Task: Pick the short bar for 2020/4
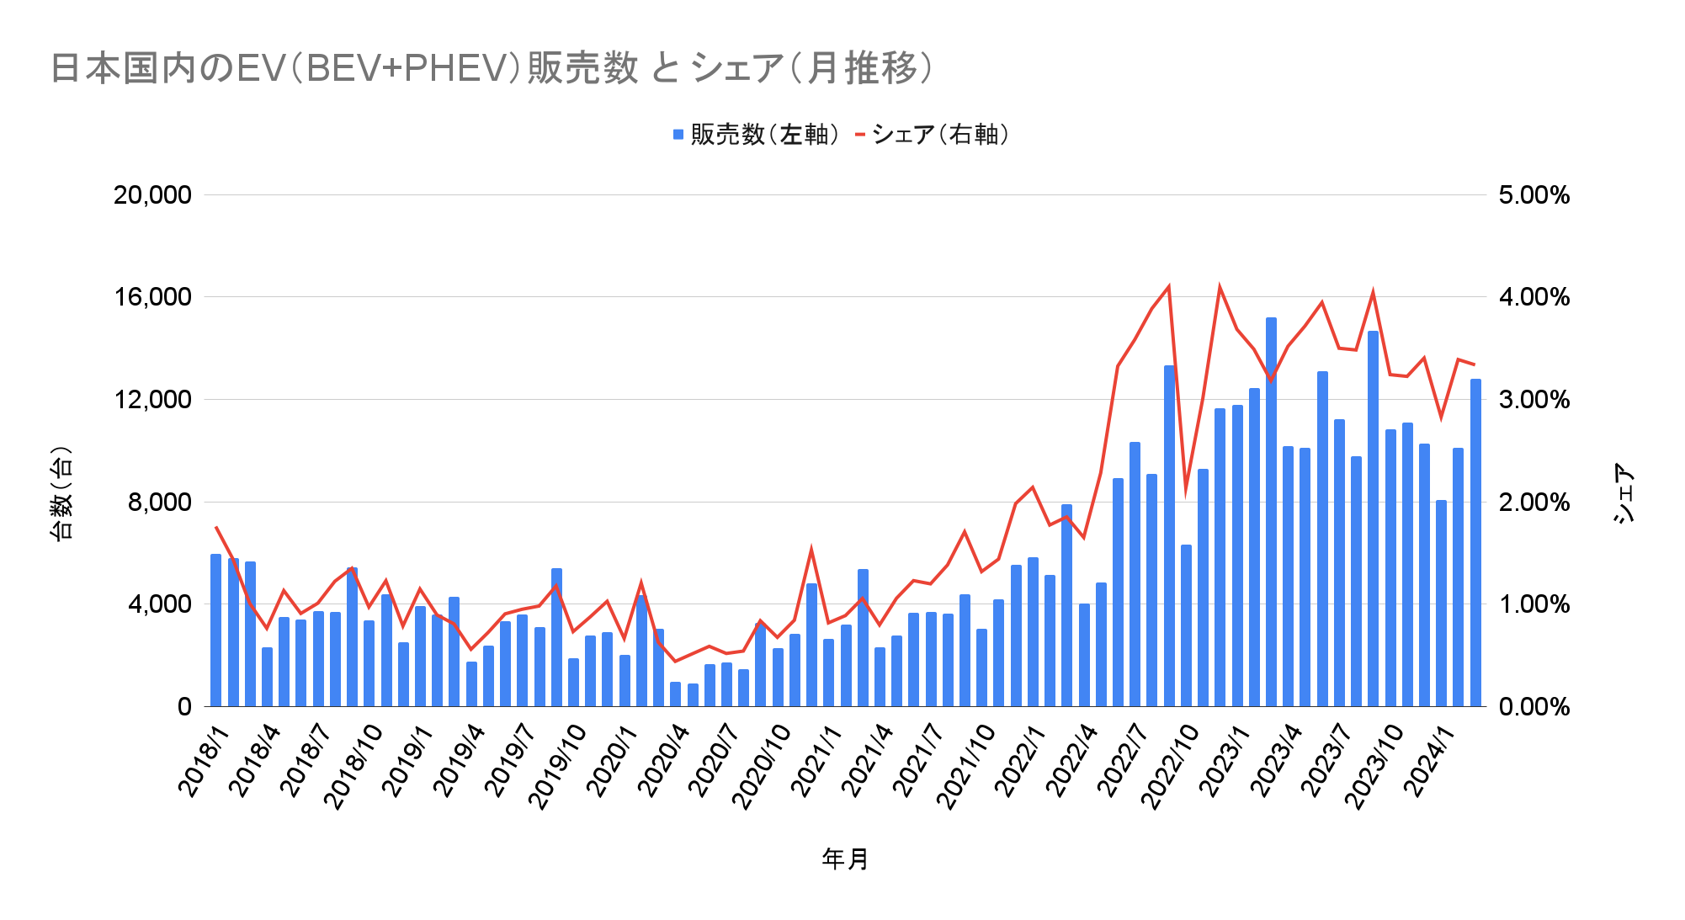tap(675, 694)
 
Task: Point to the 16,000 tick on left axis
tap(152, 297)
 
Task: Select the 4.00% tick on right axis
tap(1534, 297)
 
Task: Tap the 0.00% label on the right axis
tap(1534, 707)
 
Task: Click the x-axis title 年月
tap(845, 859)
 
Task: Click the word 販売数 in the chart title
tap(582, 68)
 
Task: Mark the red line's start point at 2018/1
tap(216, 527)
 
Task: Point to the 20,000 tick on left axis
tap(152, 195)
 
